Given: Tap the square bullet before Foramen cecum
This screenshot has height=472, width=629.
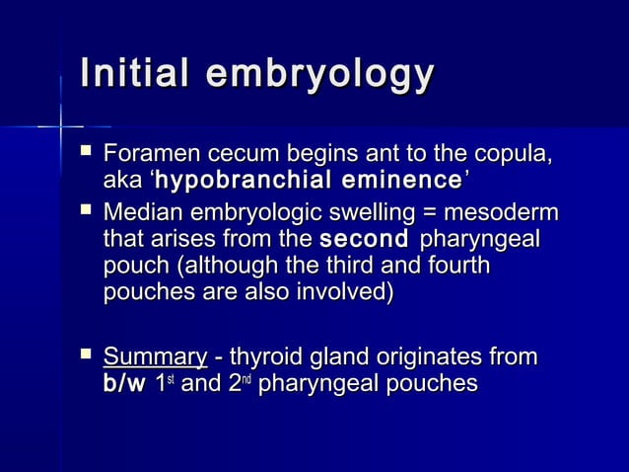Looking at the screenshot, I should (x=86, y=153).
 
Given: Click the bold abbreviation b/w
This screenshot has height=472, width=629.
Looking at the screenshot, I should (x=124, y=383).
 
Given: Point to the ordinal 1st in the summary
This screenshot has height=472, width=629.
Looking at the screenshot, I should (x=160, y=383).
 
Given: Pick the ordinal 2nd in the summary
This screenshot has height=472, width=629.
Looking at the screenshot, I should (x=241, y=383).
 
